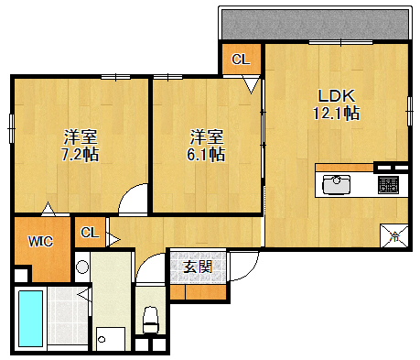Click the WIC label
[39, 243]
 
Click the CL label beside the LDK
[241, 60]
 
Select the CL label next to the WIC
[89, 232]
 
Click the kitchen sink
[339, 185]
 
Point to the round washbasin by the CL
[81, 268]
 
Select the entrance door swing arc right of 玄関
[243, 267]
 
